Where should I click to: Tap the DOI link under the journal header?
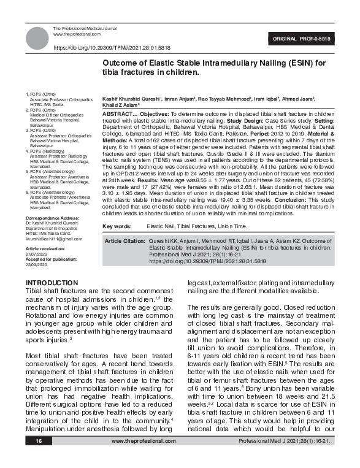pyautogui.click(x=112, y=47)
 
